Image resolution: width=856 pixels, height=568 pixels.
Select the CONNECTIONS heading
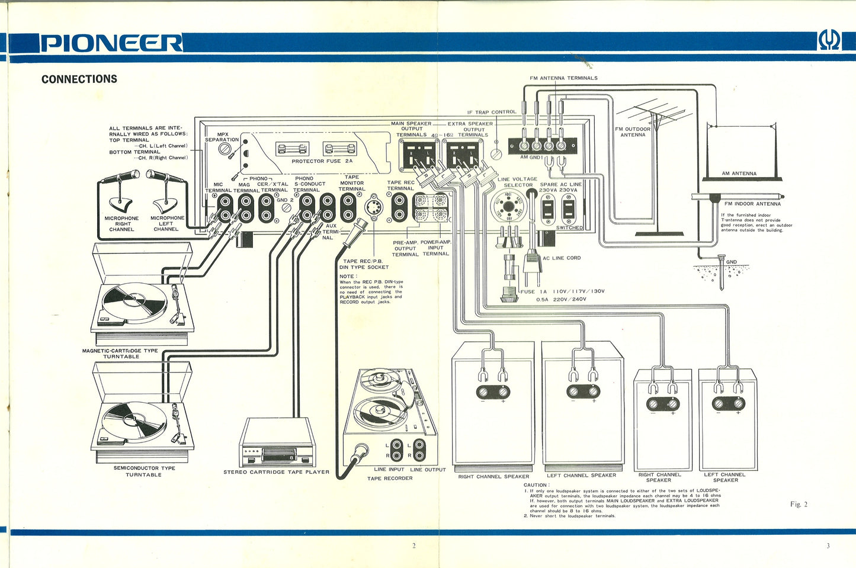coord(79,79)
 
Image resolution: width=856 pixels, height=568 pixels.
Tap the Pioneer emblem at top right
coord(829,41)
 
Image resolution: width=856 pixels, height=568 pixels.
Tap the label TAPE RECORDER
coord(390,478)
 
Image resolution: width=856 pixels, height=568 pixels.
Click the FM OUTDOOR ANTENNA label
coord(632,131)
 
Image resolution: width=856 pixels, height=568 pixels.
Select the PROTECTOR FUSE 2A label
coord(322,161)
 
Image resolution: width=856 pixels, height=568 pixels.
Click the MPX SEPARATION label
coord(222,137)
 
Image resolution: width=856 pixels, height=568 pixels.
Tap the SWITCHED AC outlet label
coord(569,227)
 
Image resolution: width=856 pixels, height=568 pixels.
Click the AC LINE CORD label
coord(562,258)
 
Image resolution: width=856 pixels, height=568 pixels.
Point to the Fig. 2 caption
coord(799,504)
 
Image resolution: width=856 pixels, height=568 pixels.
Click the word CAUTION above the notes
coord(536,485)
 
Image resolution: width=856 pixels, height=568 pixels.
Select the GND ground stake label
coord(732,262)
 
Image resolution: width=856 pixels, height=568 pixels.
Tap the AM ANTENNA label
coord(739,174)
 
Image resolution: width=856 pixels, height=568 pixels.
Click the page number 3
coord(828,545)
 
